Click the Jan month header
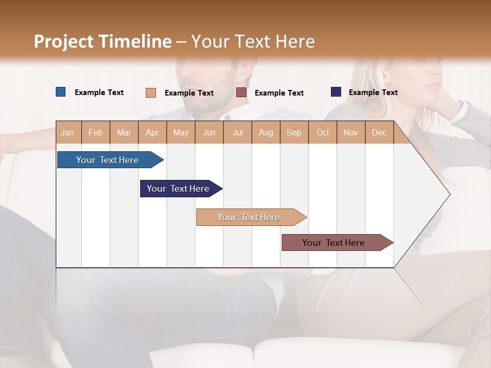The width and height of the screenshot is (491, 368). coord(68,132)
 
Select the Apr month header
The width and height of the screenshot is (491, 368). coord(152,132)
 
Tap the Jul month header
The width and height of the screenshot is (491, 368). coord(238,132)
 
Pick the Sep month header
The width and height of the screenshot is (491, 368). coord(294,132)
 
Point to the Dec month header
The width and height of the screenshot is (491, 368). coord(380,132)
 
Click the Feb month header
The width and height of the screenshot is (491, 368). coord(96,132)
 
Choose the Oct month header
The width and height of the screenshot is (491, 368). coord(323,132)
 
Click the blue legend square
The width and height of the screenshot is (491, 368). coord(60,92)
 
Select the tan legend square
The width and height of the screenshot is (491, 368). coord(150,93)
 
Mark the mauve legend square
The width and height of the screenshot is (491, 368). coord(241,93)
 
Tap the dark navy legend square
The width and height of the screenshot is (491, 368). coord(336,92)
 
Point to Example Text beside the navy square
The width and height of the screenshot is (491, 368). coord(373,92)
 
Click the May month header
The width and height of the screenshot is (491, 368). coord(181,132)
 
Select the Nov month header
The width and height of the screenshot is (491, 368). coord(351,132)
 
